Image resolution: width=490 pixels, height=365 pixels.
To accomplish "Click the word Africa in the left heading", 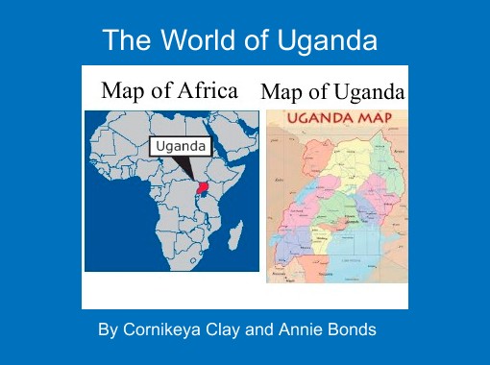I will (x=205, y=90).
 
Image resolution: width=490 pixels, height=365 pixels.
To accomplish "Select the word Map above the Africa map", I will (x=123, y=90).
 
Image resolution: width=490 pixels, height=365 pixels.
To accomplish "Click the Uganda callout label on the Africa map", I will (x=181, y=146).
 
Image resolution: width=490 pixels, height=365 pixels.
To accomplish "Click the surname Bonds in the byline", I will (x=352, y=330).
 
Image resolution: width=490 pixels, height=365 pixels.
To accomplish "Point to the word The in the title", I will (x=122, y=41).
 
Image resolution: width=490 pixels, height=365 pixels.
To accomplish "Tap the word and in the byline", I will (x=260, y=330).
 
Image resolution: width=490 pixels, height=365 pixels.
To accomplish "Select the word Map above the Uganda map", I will (x=280, y=92).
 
